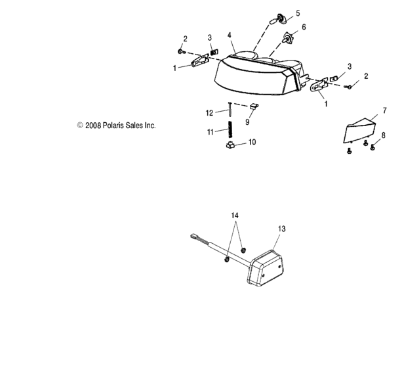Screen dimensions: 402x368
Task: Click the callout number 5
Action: point(298,13)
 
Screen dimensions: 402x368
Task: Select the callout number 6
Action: point(304,27)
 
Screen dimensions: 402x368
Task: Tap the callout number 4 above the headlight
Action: point(230,35)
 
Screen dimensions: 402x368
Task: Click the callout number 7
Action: point(384,111)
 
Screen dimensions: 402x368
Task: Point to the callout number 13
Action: point(282,229)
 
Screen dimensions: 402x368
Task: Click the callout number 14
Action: point(235,216)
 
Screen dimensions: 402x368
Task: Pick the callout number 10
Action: point(252,142)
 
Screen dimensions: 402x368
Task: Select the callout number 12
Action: point(209,113)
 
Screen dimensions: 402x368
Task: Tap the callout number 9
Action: point(247,122)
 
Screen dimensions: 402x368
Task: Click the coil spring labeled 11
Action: point(230,129)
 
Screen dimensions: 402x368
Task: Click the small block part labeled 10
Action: point(230,145)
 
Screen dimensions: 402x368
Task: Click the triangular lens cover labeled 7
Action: point(359,131)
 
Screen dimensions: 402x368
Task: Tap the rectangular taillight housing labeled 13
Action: point(266,267)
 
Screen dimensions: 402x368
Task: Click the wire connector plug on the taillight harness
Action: point(194,236)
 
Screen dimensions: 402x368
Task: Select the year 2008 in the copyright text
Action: point(93,126)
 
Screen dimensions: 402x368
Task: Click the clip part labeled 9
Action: point(254,106)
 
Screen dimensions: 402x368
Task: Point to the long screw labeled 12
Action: point(230,109)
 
